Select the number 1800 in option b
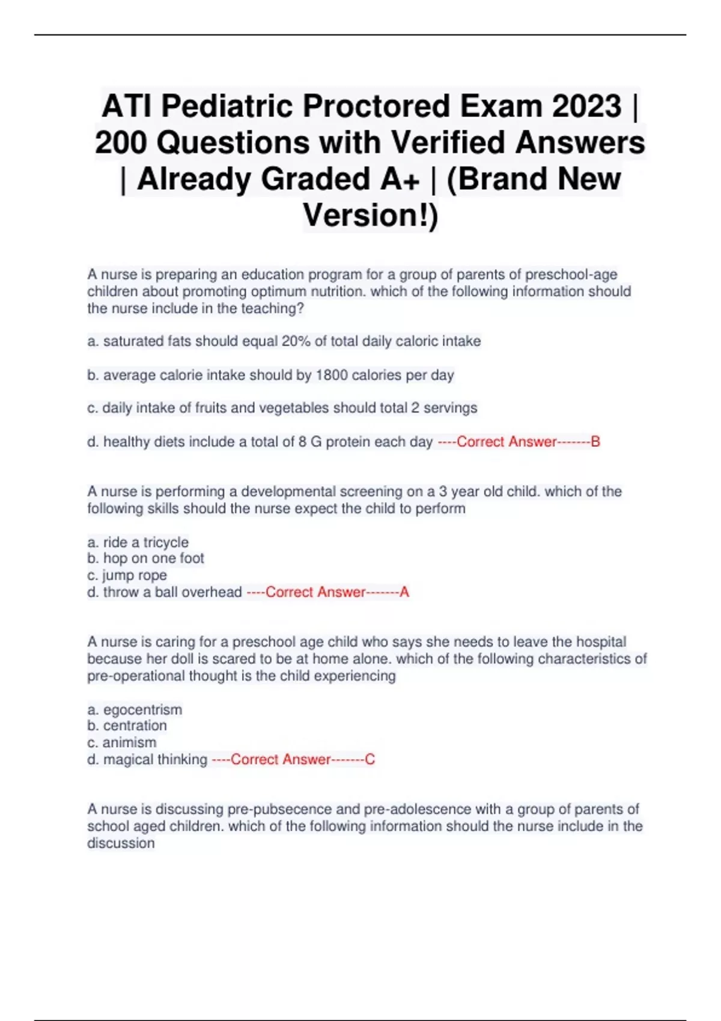(x=332, y=375)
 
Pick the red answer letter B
(x=595, y=442)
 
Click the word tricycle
(x=166, y=542)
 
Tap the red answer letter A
(x=404, y=592)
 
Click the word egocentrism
(x=142, y=710)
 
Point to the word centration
(x=135, y=726)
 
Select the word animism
(x=129, y=742)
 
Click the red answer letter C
(x=370, y=760)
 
